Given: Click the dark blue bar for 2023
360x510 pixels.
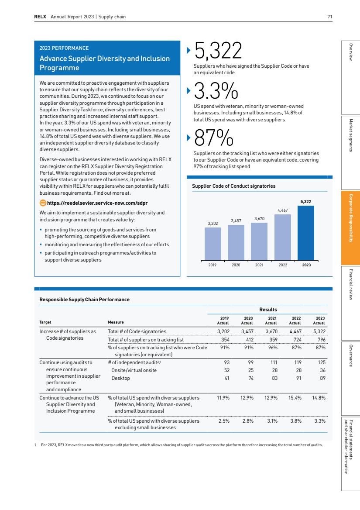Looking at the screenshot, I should pyautogui.click(x=305, y=233).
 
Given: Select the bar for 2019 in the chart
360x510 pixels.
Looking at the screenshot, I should pyautogui.click(x=213, y=244).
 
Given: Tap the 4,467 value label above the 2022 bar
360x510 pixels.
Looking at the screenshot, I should pyautogui.click(x=282, y=210).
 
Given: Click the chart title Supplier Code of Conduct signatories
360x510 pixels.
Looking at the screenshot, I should pyautogui.click(x=233, y=186).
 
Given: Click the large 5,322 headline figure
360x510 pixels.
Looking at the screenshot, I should pyautogui.click(x=218, y=52).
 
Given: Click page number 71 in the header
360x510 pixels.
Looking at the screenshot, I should pyautogui.click(x=330, y=17).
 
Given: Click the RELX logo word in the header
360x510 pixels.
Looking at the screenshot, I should pyautogui.click(x=41, y=17).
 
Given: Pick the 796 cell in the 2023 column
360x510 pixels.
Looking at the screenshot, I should pyautogui.click(x=320, y=339).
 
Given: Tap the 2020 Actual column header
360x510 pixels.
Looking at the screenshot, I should pyautogui.click(x=247, y=320).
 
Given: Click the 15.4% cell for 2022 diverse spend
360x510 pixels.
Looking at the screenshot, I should pyautogui.click(x=295, y=398).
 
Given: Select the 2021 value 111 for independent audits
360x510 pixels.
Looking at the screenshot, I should pyautogui.click(x=273, y=362).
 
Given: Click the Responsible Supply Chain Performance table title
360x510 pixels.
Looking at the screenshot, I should pyautogui.click(x=84, y=300).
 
